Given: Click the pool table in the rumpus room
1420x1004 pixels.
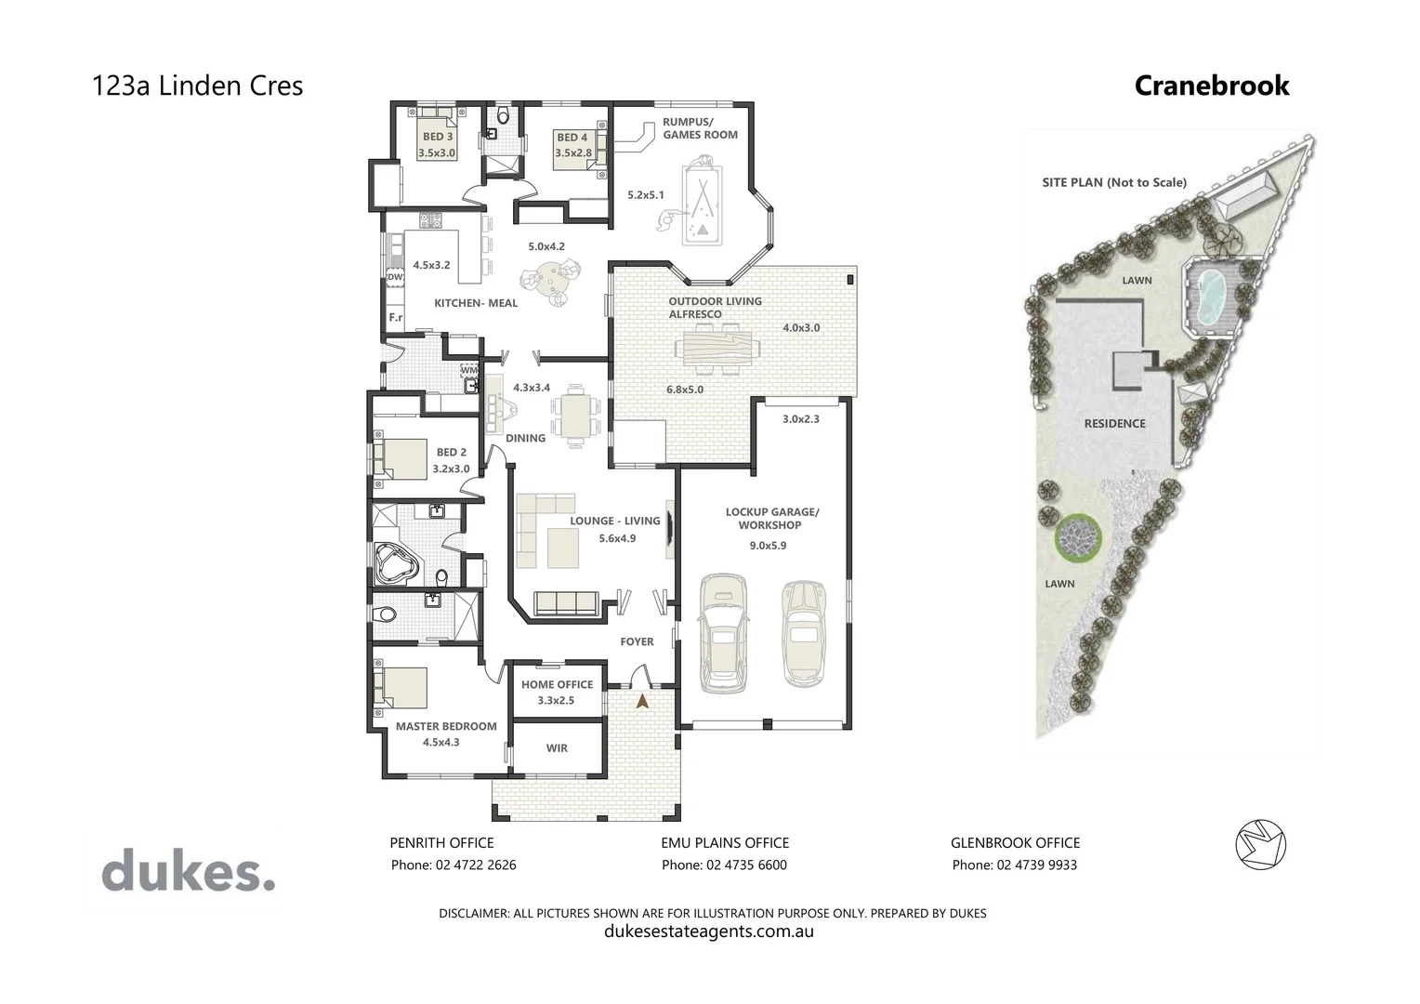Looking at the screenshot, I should click(x=701, y=205).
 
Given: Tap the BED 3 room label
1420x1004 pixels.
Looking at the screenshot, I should click(x=438, y=137).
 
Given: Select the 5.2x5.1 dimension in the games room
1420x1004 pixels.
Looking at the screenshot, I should click(x=646, y=195).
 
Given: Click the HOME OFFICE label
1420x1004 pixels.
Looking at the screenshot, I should click(x=557, y=684).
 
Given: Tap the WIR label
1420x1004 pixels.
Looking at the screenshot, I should click(x=557, y=748).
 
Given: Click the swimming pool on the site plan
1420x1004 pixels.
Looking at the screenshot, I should click(x=1208, y=297).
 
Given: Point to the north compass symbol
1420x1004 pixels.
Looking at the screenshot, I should click(x=1260, y=845).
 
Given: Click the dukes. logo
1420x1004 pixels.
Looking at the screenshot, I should click(x=188, y=873).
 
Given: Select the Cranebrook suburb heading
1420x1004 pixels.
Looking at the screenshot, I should click(x=1212, y=86).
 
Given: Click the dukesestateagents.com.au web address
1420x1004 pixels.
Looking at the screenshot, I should click(x=709, y=931).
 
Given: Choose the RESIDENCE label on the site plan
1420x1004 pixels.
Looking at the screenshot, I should click(x=1114, y=424).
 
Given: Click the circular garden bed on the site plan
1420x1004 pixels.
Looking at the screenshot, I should click(x=1077, y=537).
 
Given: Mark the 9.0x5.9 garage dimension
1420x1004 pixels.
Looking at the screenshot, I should click(x=768, y=546).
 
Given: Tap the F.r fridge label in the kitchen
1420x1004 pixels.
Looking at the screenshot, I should click(x=395, y=318).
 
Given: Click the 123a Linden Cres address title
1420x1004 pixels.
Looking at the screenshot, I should click(x=197, y=86).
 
